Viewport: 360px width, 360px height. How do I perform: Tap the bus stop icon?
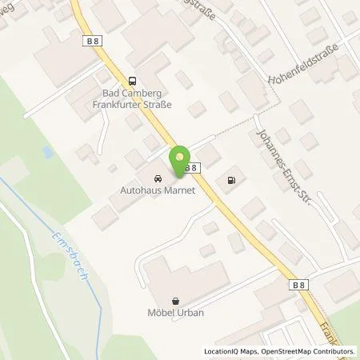click(131, 80)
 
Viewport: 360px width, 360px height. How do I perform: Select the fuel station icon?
click(232, 179)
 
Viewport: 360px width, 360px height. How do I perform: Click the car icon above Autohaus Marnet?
click(157, 177)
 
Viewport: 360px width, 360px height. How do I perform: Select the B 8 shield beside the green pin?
click(190, 167)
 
